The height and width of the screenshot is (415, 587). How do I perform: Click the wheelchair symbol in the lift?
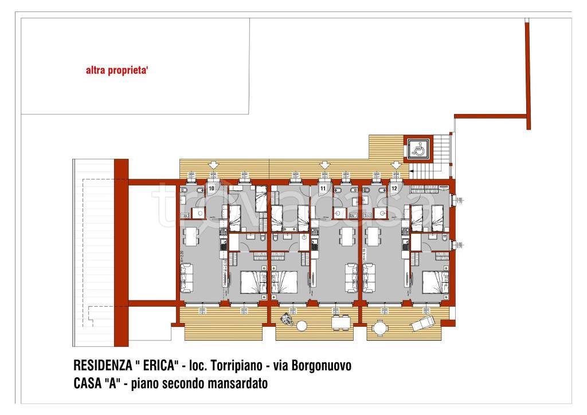[418, 150]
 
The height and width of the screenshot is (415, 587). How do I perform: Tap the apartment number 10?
[211, 188]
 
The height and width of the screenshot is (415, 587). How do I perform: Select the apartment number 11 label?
[323, 188]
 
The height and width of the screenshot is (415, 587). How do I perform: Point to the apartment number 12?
[394, 188]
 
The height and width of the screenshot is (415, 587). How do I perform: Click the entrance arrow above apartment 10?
[213, 165]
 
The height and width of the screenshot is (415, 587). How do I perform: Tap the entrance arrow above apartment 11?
[324, 165]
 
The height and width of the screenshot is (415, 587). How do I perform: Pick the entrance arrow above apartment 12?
[396, 165]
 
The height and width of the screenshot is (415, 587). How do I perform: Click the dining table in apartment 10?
[190, 235]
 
